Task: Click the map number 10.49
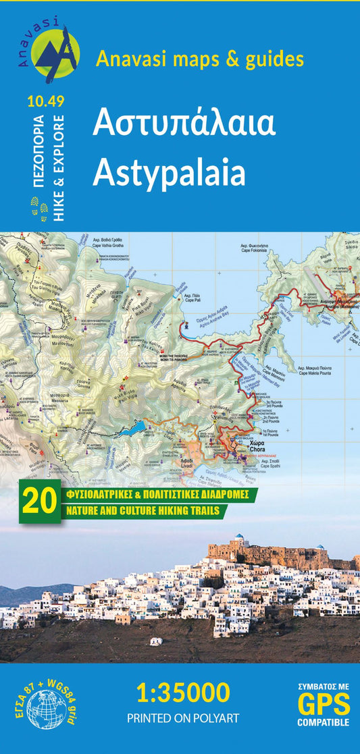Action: click(x=46, y=102)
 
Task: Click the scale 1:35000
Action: click(x=182, y=693)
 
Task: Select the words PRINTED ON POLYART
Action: click(x=182, y=719)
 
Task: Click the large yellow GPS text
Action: click(x=324, y=705)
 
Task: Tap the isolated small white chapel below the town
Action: click(x=156, y=641)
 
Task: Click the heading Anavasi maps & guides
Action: click(x=200, y=59)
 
